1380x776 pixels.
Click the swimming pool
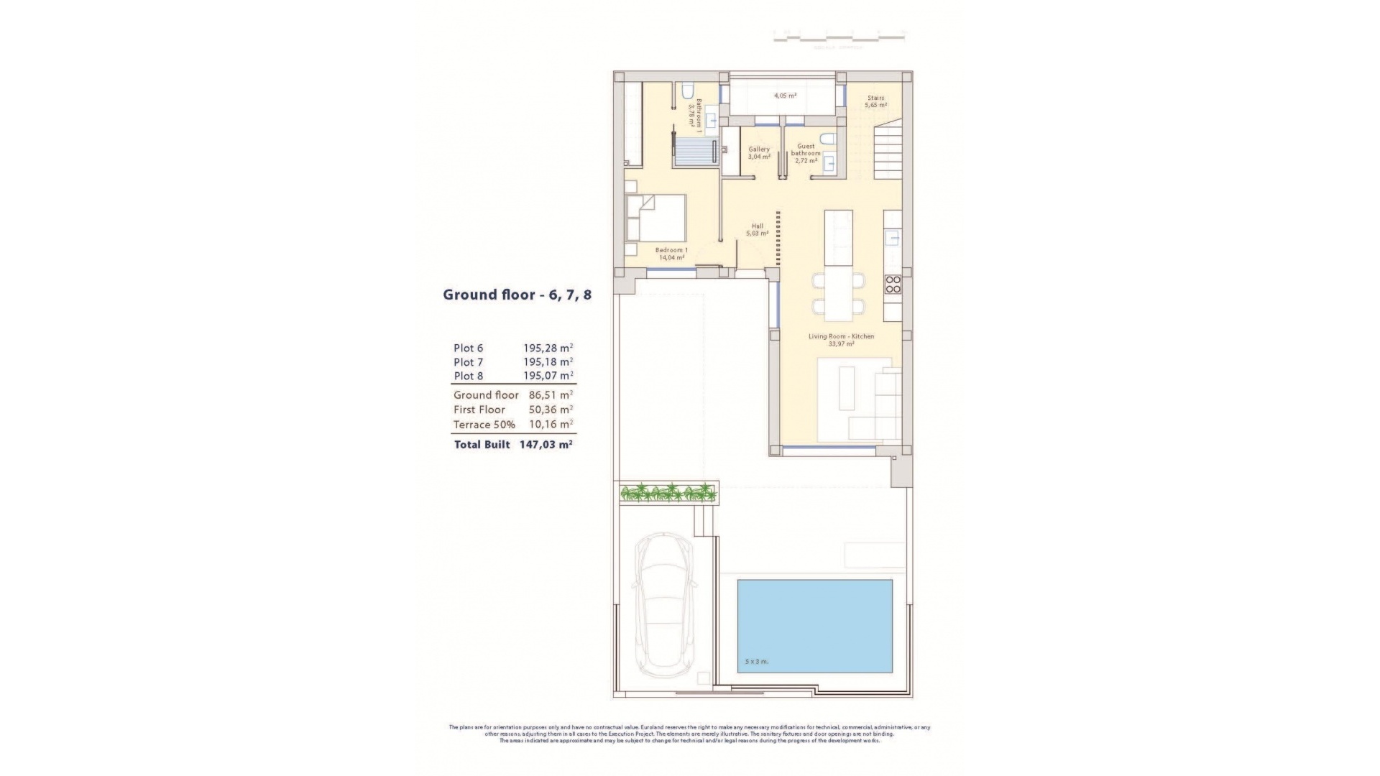pyautogui.click(x=814, y=625)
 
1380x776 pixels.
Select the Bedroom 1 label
pyautogui.click(x=671, y=254)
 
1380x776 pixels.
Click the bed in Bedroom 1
pyautogui.click(x=655, y=218)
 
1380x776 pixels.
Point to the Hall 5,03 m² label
pyautogui.click(x=757, y=229)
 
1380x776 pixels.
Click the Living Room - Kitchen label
pyautogui.click(x=841, y=340)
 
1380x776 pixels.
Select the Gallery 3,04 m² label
pyautogui.click(x=759, y=152)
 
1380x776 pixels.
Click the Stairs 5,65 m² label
pyautogui.click(x=875, y=101)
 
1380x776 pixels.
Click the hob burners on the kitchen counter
pyautogui.click(x=893, y=285)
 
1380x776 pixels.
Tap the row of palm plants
pyautogui.click(x=668, y=493)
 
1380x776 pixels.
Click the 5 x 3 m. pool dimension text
pyautogui.click(x=757, y=661)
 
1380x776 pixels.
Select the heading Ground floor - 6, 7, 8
pyautogui.click(x=517, y=295)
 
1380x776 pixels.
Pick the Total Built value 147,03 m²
pyautogui.click(x=546, y=445)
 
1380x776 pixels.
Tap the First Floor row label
pyautogui.click(x=479, y=410)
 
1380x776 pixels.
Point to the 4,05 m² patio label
pyautogui.click(x=785, y=95)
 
